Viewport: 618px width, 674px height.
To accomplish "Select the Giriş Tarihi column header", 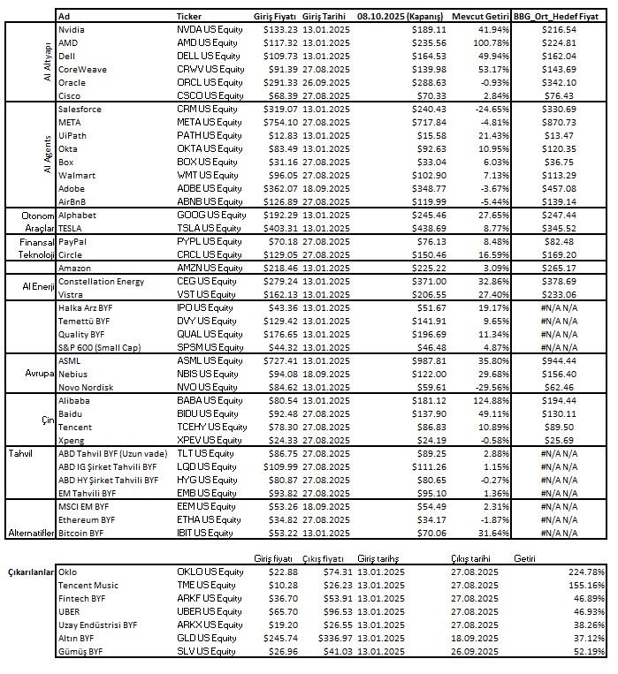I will [x=324, y=17].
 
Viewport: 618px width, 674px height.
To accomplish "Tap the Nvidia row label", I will [x=72, y=29].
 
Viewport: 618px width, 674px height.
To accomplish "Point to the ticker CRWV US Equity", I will [x=210, y=69].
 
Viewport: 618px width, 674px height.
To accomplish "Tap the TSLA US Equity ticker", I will [x=210, y=228].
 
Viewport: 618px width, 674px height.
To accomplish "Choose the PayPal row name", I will [x=72, y=241].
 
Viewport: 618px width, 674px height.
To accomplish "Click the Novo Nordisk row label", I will [x=87, y=387].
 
